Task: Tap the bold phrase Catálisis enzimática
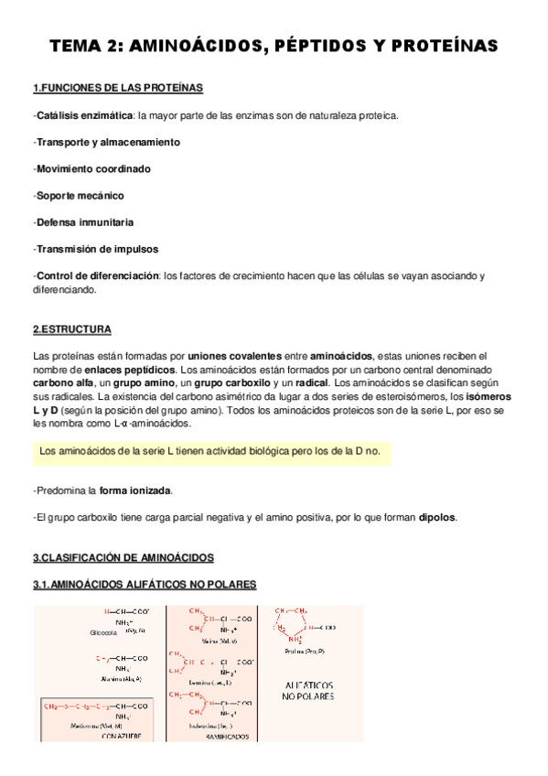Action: [83, 116]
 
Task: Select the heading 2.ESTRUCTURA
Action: [72, 329]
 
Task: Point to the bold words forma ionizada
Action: [134, 491]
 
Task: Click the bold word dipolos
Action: [436, 518]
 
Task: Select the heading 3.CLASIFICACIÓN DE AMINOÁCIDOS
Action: [123, 557]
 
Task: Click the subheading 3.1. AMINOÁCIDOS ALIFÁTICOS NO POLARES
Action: [145, 585]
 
